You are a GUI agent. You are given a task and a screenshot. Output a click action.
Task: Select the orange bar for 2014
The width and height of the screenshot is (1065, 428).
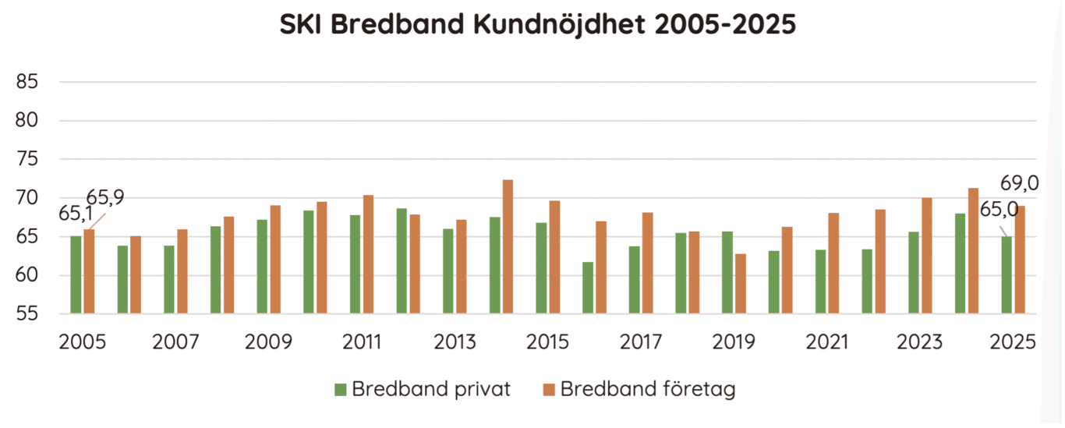[508, 247]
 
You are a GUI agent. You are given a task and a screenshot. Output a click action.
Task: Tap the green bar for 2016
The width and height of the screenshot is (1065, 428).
[588, 288]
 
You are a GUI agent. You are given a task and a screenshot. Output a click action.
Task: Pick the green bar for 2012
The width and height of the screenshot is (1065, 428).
[402, 261]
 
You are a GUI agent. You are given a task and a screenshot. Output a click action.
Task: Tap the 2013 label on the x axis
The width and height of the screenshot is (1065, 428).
[455, 341]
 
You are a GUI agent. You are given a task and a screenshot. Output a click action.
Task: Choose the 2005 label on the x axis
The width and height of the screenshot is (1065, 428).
[83, 341]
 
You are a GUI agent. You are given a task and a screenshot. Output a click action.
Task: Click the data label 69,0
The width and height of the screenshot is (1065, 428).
[1019, 185]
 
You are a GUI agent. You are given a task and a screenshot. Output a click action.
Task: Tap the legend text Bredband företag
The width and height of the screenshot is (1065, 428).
[647, 389]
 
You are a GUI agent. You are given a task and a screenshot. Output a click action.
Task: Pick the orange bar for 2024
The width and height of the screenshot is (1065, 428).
[973, 251]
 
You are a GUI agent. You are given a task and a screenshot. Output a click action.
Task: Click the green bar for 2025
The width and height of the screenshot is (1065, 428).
[1007, 275]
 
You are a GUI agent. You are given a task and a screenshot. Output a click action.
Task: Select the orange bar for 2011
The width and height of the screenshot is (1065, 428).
[368, 255]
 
